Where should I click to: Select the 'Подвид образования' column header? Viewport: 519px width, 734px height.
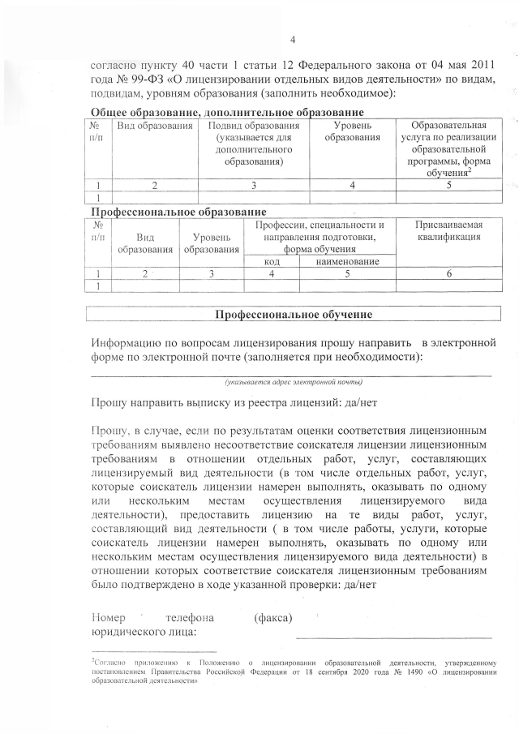[x=254, y=144]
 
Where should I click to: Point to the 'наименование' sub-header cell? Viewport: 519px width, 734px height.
[x=349, y=261]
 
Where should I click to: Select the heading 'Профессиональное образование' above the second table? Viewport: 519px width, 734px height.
[x=177, y=211]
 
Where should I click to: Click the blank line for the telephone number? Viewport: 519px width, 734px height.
[x=393, y=637]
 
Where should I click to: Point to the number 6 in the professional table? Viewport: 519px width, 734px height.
[x=448, y=274]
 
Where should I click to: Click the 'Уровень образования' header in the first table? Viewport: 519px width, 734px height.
[x=352, y=132]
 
